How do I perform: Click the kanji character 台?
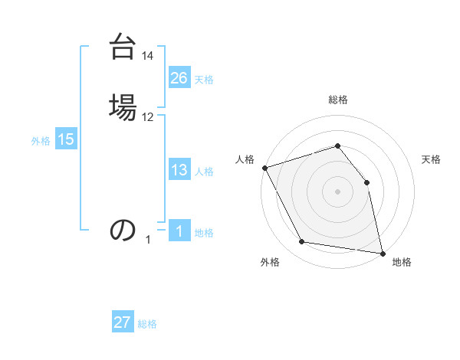coord(123,47)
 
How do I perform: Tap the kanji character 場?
coord(123,106)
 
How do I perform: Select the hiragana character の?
coord(123,229)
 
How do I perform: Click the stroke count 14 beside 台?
coord(148,56)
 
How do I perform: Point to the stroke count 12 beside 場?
coord(148,116)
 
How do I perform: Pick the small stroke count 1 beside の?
coord(148,240)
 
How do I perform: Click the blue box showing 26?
coord(179,78)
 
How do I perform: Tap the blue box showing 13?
coord(179,170)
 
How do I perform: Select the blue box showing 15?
coord(66,139)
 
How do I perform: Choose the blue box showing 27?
coord(123,322)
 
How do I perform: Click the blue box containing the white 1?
coord(179,231)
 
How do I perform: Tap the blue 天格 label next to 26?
coord(204,80)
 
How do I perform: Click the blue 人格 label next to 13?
coord(204,172)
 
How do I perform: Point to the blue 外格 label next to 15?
coord(41,141)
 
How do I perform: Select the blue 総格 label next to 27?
coord(147,324)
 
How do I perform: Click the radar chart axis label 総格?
coord(337,100)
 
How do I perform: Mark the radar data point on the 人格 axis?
coord(264,168)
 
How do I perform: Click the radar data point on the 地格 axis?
coord(383,253)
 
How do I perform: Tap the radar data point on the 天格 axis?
coord(366,182)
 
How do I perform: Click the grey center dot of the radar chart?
coord(337,191)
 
